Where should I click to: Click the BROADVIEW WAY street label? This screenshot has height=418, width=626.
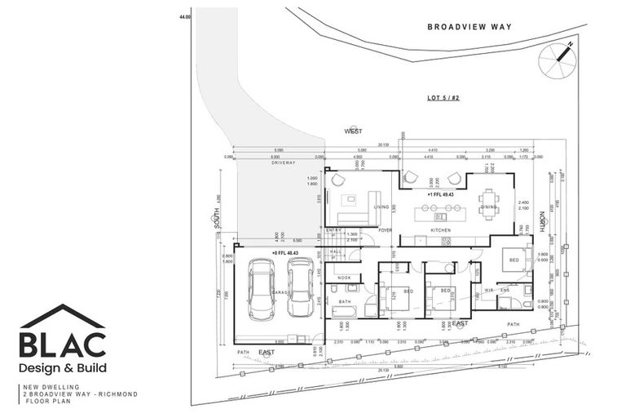pos(469,27)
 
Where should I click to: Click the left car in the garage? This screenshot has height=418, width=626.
pos(262,289)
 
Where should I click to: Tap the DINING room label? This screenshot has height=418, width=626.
pos(489,207)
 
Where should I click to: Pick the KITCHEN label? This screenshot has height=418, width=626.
pos(441,231)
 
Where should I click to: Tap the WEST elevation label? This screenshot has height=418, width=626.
pos(352,131)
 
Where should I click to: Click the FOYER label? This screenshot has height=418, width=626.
pos(385,231)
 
